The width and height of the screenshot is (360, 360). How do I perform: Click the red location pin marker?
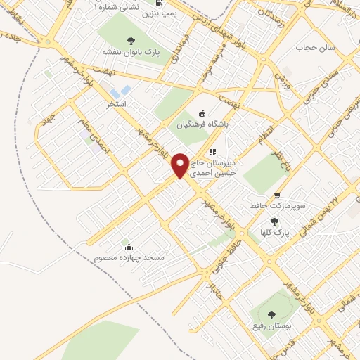coord(181,165)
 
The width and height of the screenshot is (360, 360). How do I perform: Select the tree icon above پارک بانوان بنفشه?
coord(131,39)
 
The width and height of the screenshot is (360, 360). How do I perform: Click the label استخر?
coord(116,104)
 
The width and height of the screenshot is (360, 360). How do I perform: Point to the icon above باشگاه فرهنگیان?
coord(202,112)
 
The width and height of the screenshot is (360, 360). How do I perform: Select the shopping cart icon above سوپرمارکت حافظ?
coord(277,195)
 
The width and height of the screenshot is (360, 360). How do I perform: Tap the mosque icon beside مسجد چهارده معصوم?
coord(128,247)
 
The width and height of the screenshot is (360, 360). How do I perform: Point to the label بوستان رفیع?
coord(270,327)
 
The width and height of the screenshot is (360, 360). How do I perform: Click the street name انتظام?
coord(261,133)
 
